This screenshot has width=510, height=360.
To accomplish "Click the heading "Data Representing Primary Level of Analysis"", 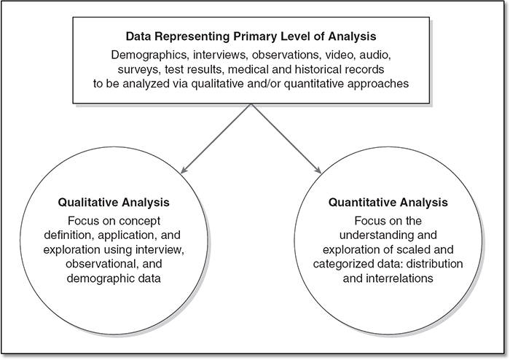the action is (x=251, y=36).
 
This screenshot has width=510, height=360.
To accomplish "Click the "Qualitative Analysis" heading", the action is (x=114, y=203).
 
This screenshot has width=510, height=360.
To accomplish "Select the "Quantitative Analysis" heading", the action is (x=388, y=203).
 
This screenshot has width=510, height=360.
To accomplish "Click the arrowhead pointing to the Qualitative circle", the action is (x=184, y=170).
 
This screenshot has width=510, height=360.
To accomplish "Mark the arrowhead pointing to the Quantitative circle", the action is (x=318, y=170).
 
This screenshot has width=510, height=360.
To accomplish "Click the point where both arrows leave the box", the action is (x=251, y=104).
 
